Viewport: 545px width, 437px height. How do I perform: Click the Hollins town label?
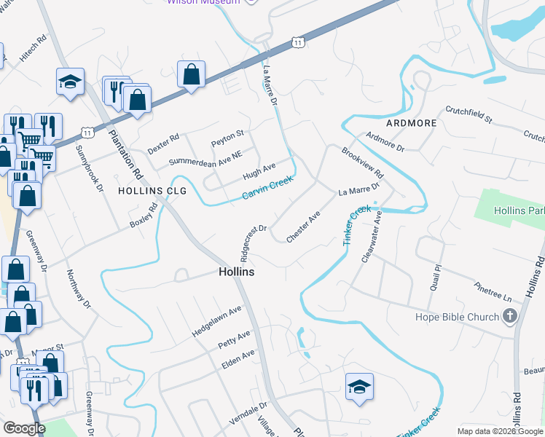236,271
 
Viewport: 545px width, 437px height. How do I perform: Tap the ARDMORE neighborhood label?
412,123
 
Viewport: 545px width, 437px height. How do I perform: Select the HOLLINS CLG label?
152,191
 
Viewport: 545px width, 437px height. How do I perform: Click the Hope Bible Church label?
457,317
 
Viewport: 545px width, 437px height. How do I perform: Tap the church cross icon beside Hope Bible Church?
509,316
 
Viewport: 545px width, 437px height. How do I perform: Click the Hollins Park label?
519,210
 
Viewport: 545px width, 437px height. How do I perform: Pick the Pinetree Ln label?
493,293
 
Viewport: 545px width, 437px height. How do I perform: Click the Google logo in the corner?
23,428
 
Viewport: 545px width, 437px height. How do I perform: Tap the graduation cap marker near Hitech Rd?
70,82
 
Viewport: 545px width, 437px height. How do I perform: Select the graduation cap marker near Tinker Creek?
359,386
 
